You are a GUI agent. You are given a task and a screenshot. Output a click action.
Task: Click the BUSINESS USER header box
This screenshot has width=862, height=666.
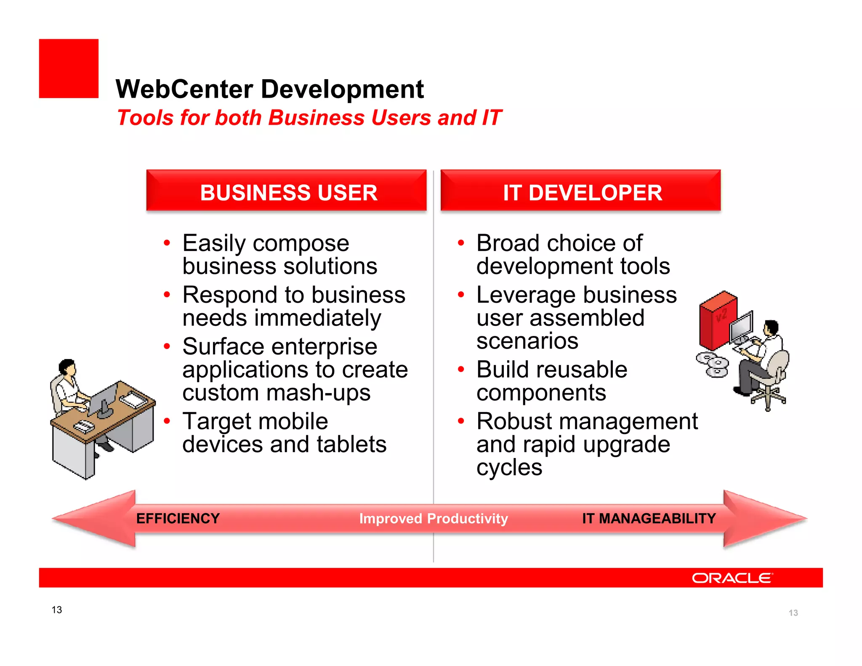(286, 191)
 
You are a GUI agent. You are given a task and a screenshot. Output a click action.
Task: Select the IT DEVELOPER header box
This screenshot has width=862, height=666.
(580, 191)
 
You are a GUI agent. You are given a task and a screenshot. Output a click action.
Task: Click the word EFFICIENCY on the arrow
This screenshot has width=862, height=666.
(178, 518)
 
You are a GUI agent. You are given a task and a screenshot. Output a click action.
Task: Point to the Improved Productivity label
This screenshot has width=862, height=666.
(434, 518)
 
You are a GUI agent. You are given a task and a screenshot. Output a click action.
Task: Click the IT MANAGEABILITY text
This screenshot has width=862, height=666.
(649, 518)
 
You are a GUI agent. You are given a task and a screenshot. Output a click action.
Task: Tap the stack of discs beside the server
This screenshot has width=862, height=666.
(713, 365)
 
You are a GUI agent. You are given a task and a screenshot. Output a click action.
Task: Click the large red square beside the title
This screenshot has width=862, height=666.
(69, 69)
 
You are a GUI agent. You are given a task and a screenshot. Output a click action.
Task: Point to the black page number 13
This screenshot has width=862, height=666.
(57, 610)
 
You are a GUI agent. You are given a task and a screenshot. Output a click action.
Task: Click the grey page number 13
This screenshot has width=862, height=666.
(793, 613)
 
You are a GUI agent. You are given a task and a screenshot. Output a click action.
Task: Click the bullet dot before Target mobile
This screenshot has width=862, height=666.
(167, 421)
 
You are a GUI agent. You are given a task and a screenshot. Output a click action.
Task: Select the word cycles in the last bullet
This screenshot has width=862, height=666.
(509, 467)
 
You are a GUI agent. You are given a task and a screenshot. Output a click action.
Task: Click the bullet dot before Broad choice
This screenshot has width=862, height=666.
(461, 243)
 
